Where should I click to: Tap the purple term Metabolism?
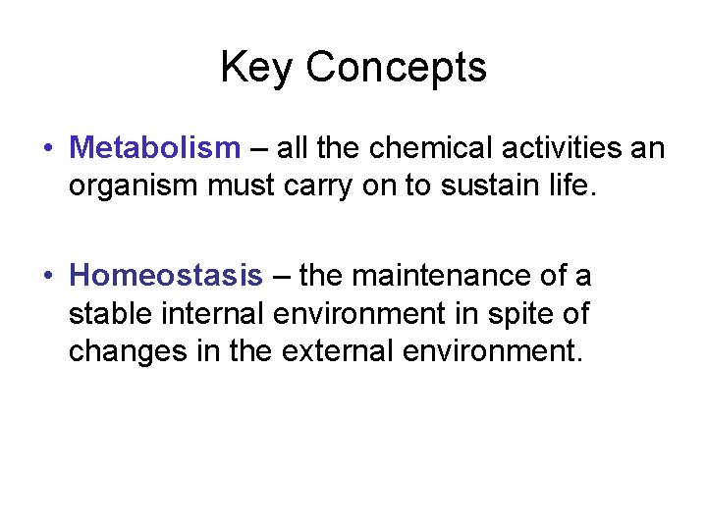[155, 148]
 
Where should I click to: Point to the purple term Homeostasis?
[167, 276]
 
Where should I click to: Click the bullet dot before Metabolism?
[47, 149]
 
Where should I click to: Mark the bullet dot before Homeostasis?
[47, 277]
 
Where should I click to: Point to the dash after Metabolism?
[258, 149]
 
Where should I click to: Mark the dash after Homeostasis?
[281, 277]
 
